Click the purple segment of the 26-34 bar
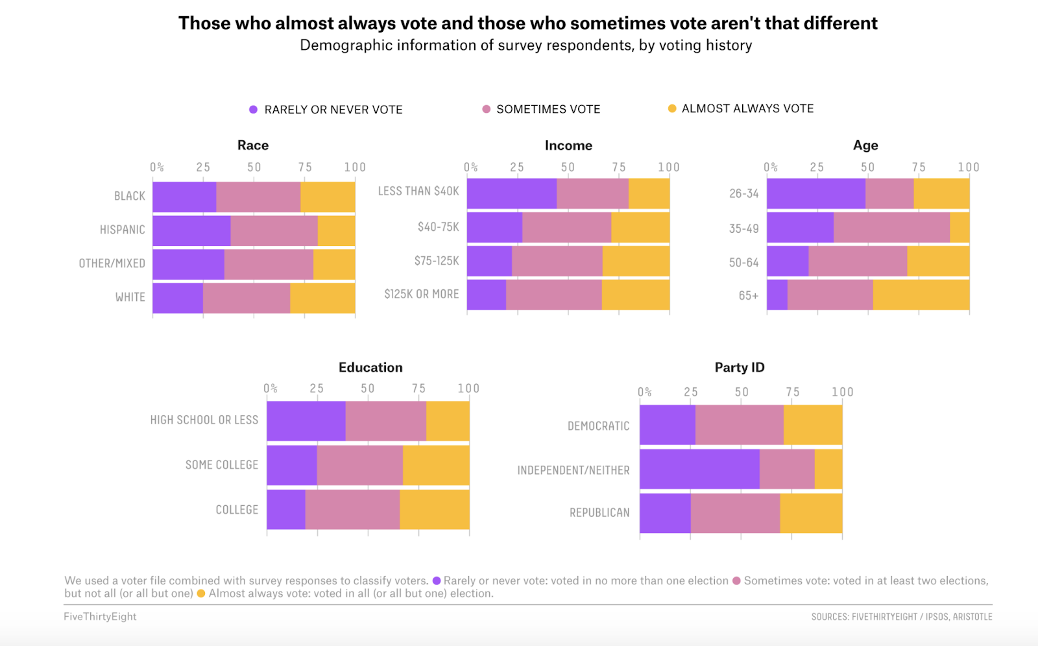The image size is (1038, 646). pyautogui.click(x=815, y=193)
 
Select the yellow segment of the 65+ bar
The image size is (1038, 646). pyautogui.click(x=921, y=295)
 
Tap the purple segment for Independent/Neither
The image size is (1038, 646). pyautogui.click(x=699, y=469)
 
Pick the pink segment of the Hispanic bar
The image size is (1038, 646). pyautogui.click(x=274, y=230)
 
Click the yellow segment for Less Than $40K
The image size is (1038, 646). pyautogui.click(x=649, y=193)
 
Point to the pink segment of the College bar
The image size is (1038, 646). pyautogui.click(x=352, y=510)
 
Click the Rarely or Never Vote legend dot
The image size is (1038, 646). pyautogui.click(x=254, y=110)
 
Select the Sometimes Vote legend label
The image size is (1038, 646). pyautogui.click(x=548, y=109)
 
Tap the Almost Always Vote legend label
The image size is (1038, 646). pyautogui.click(x=747, y=108)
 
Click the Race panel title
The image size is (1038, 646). pyautogui.click(x=253, y=145)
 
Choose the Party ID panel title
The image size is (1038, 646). pyautogui.click(x=740, y=367)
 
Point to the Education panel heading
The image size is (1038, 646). pyautogui.click(x=370, y=367)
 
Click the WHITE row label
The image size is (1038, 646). pyautogui.click(x=130, y=297)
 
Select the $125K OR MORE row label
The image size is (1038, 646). pyautogui.click(x=422, y=294)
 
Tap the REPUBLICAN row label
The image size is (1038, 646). pyautogui.click(x=599, y=512)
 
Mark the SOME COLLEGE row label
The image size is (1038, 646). pyautogui.click(x=222, y=465)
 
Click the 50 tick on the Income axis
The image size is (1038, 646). pyautogui.click(x=568, y=167)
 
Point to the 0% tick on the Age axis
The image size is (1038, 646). pyautogui.click(x=770, y=167)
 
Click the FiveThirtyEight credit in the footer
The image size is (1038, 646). pyautogui.click(x=100, y=616)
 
